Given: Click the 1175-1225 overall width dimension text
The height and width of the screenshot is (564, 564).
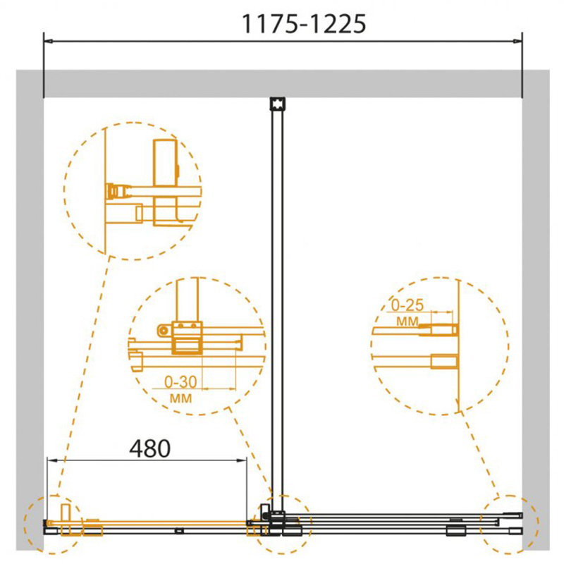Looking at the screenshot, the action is [304, 24].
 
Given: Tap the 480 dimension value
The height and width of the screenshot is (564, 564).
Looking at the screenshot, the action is [150, 448].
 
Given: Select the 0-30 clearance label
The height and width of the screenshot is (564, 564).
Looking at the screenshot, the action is [180, 382].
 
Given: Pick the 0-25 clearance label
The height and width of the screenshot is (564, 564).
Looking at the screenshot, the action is [407, 305].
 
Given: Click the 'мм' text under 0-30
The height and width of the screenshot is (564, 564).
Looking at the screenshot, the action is [180, 398].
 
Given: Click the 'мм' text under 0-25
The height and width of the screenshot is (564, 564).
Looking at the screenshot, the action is [407, 321].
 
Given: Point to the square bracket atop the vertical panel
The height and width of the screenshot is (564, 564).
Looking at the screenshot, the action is [277, 104].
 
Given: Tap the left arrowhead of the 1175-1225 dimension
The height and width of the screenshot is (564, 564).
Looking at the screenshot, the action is [49, 42].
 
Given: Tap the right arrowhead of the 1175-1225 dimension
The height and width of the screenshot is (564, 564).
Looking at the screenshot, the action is [517, 42].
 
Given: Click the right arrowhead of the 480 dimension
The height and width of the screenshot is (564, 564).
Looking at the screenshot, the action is [242, 460].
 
